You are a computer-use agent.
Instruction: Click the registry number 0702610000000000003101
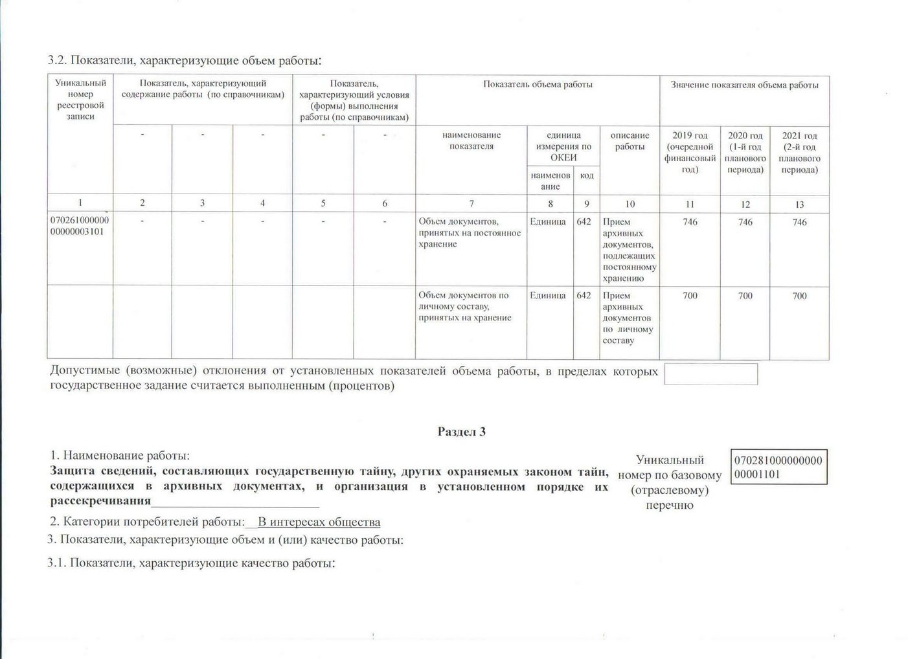80,226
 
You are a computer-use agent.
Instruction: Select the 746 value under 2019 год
690,222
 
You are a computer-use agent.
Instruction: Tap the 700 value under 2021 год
799,296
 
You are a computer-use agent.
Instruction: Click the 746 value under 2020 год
745,222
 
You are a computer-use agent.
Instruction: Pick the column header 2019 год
690,152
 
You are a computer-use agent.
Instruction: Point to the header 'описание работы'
630,141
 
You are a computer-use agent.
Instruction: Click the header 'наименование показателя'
471,140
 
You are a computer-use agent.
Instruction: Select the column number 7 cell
471,203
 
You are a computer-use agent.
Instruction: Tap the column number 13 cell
799,204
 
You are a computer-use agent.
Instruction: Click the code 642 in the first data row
584,221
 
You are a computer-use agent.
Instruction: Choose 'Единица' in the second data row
548,295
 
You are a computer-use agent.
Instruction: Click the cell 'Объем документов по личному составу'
464,306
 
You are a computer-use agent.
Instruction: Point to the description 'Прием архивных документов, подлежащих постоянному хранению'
629,250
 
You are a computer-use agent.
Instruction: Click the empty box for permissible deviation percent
710,374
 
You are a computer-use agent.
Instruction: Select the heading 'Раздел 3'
461,432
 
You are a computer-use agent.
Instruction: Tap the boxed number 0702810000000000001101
778,467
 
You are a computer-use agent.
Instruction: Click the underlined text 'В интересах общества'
319,522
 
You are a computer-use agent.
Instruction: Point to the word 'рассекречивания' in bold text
100,501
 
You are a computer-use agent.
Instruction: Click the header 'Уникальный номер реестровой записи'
80,100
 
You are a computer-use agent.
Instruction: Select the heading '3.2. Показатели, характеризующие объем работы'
185,61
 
